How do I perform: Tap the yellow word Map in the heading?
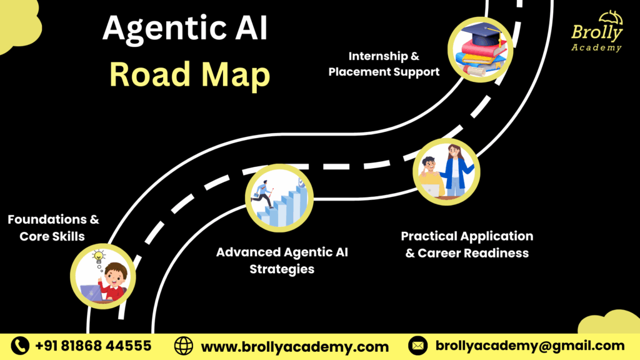[x=236, y=76]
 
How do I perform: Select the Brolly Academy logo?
[x=597, y=32]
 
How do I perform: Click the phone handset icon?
[x=20, y=346]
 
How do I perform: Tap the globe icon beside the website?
[x=184, y=346]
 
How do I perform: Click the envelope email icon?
[x=417, y=346]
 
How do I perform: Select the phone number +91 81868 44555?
[x=93, y=346]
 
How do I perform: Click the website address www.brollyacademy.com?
[x=295, y=347]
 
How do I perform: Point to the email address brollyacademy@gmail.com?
[x=530, y=346]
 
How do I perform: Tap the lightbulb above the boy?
[x=98, y=256]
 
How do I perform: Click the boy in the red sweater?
[x=112, y=282]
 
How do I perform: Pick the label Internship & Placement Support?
[x=384, y=64]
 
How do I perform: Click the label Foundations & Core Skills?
[x=53, y=227]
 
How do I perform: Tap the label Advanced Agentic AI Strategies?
[x=282, y=261]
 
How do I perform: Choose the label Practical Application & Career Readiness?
[x=467, y=244]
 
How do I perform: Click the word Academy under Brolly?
[x=596, y=47]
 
